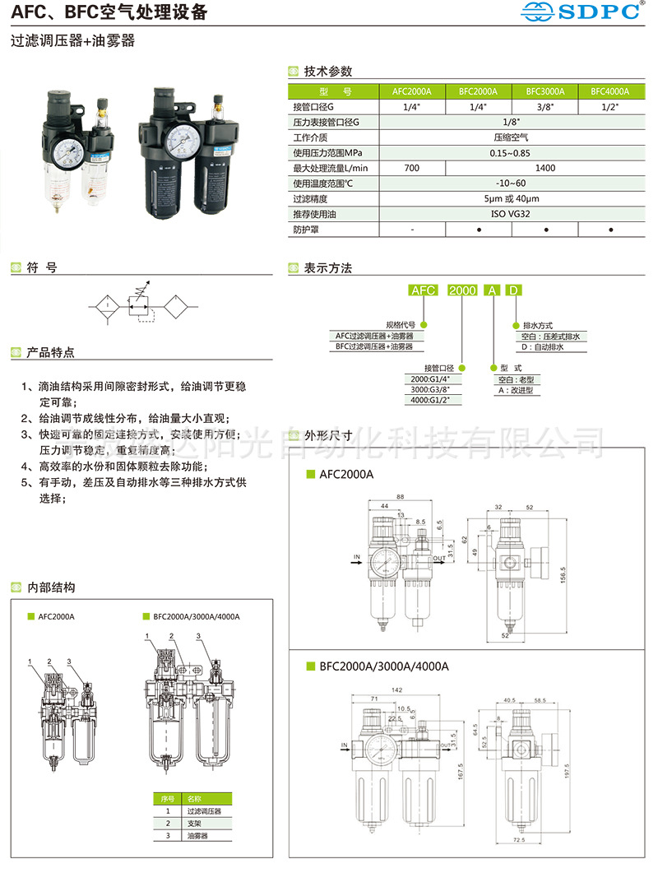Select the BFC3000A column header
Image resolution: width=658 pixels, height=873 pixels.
click(x=545, y=91)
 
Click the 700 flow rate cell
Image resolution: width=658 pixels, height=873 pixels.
click(x=412, y=168)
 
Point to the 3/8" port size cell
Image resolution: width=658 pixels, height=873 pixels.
click(x=545, y=107)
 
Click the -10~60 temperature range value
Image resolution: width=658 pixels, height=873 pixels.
click(x=512, y=183)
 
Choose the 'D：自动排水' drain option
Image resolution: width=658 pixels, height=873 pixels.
click(x=543, y=347)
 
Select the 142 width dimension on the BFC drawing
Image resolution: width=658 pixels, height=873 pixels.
click(x=396, y=690)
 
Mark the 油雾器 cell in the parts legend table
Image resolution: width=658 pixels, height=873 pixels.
click(x=198, y=835)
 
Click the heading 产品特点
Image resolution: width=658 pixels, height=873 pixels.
click(x=51, y=352)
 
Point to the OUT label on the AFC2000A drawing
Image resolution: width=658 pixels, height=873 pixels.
click(x=439, y=557)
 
